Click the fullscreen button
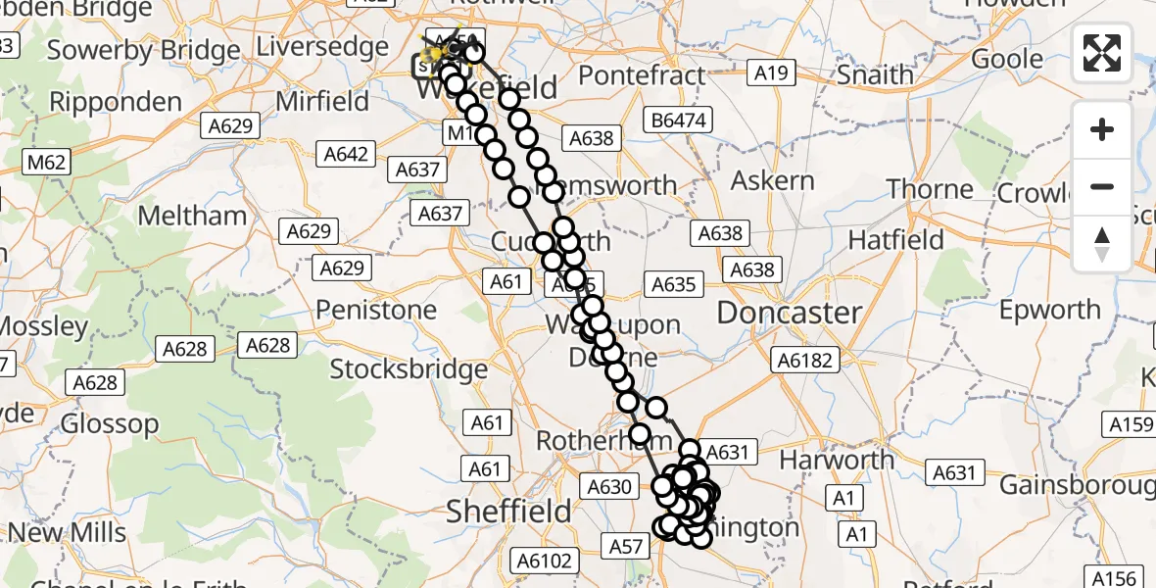(x=1102, y=52)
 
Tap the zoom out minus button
(x=1102, y=186)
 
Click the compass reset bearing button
(x=1102, y=243)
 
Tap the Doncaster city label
(x=790, y=314)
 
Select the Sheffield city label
(x=508, y=511)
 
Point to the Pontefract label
(x=642, y=75)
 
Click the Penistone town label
(x=376, y=311)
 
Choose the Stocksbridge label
(x=409, y=369)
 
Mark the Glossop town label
(x=110, y=424)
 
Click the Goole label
(x=1007, y=59)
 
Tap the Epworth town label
(x=1049, y=311)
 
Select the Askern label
(x=772, y=180)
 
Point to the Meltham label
(x=192, y=216)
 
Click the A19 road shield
(x=771, y=72)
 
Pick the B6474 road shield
(x=676, y=121)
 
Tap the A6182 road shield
(x=805, y=360)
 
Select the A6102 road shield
(x=543, y=561)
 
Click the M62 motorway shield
(x=47, y=163)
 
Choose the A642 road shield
(x=348, y=153)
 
